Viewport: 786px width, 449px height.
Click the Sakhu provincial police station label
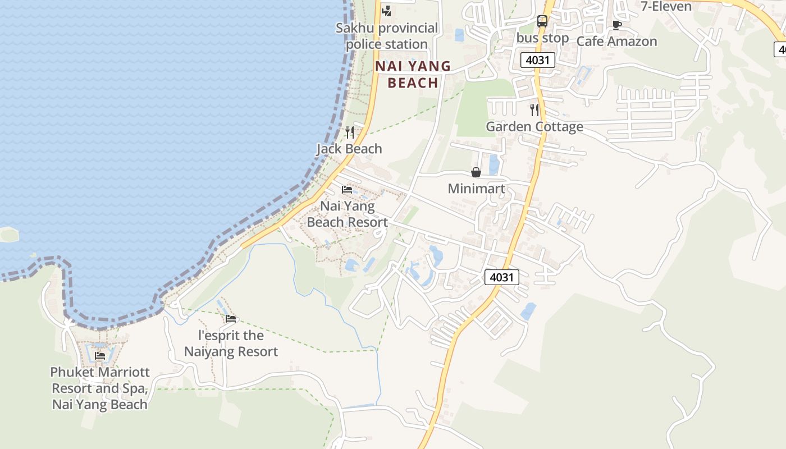tap(387, 36)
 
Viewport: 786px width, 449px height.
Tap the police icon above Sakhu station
tap(386, 10)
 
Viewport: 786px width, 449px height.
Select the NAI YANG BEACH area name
tap(413, 74)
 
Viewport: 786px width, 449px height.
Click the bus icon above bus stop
tap(542, 21)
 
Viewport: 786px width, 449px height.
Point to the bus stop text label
tap(542, 38)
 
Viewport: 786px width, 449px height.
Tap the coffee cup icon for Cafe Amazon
tap(616, 25)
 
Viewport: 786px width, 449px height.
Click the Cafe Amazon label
tap(616, 41)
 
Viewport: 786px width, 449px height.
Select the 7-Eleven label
tap(666, 6)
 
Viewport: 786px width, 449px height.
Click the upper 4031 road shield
tap(537, 59)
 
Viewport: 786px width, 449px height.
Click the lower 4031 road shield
tap(501, 277)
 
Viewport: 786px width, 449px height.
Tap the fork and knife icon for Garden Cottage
tap(534, 110)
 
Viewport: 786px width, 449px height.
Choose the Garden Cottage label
tap(534, 126)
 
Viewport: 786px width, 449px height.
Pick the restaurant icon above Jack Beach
tap(349, 132)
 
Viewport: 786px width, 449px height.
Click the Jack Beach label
tap(349, 149)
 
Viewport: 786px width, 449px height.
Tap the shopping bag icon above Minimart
tap(476, 172)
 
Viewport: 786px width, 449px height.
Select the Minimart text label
tap(476, 189)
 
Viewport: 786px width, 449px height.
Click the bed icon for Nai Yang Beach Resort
tap(347, 190)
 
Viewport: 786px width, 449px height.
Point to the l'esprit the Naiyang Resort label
tap(231, 343)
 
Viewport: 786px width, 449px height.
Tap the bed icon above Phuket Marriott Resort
tap(100, 355)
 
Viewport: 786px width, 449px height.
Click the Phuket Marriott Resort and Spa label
tap(100, 388)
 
